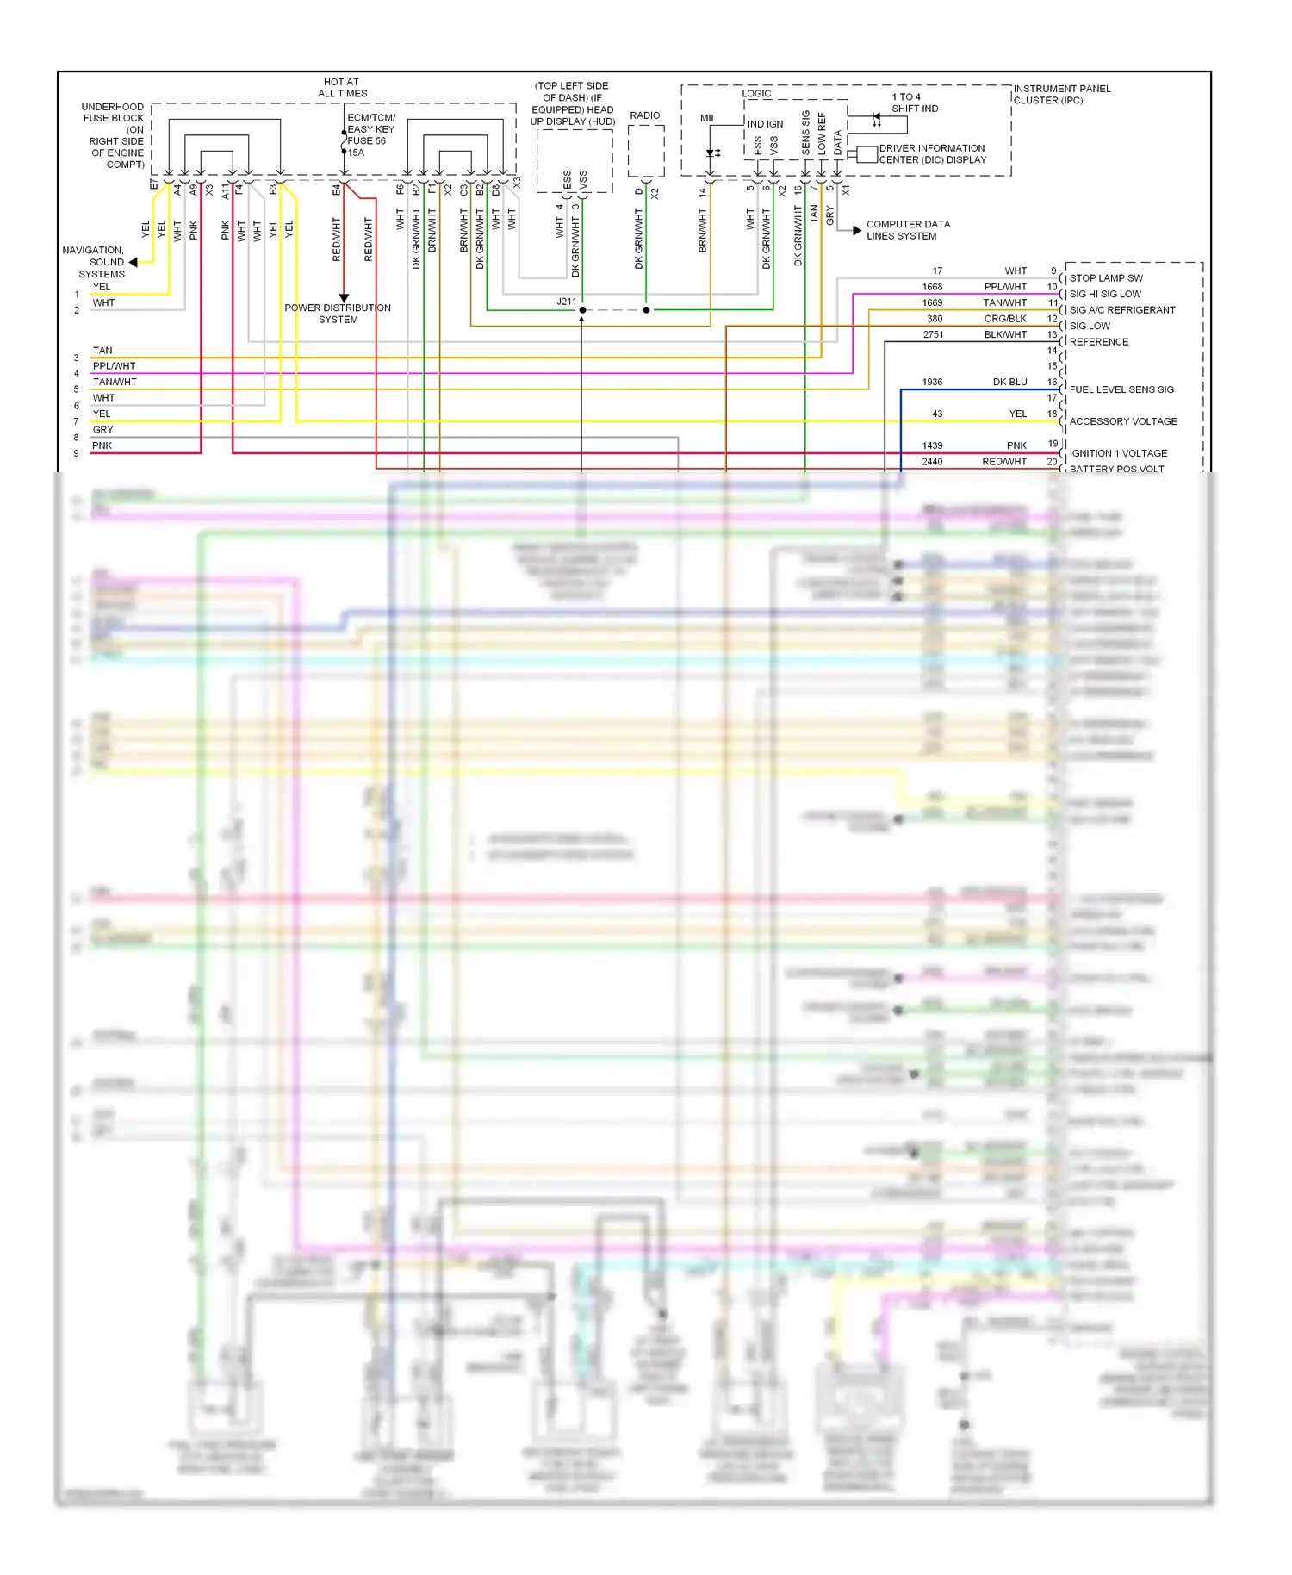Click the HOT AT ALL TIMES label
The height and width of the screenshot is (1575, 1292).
click(342, 88)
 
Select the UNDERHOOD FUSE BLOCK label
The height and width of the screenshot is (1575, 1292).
click(113, 135)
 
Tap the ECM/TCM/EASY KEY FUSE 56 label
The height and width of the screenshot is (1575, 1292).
click(371, 134)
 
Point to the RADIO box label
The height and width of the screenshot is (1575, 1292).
click(645, 115)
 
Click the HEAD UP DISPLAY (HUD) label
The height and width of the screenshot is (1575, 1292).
click(573, 103)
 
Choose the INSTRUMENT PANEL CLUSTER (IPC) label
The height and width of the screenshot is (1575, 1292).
click(1062, 94)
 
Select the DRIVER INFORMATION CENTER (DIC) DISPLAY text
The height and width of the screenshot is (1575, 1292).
click(932, 154)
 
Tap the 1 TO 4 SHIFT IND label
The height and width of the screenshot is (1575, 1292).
click(914, 103)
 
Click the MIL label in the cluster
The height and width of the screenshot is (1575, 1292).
click(708, 118)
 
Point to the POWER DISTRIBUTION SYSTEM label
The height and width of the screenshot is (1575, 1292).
click(338, 314)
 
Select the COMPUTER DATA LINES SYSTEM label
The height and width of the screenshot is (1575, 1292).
click(908, 230)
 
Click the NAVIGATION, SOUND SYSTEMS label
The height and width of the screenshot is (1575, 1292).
click(95, 262)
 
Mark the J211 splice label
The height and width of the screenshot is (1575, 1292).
click(566, 302)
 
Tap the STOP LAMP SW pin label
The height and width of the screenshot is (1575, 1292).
click(1106, 278)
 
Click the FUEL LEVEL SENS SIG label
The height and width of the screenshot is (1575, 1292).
click(1121, 389)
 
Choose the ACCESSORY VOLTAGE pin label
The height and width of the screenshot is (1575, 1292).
click(1123, 421)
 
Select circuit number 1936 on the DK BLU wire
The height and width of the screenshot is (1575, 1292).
click(932, 382)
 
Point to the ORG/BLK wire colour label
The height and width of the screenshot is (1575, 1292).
click(1005, 319)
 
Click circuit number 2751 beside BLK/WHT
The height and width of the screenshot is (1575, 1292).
click(933, 334)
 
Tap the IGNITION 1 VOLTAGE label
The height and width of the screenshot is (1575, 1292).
click(1118, 453)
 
